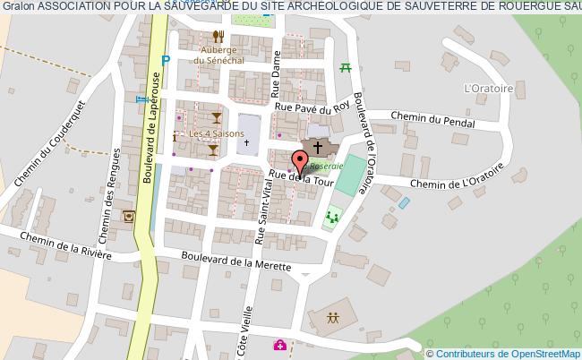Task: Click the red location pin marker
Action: [299, 163]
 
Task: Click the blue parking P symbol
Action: [165, 61]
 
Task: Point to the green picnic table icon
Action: [345, 66]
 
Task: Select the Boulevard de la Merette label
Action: [235, 264]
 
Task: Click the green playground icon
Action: [333, 215]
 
